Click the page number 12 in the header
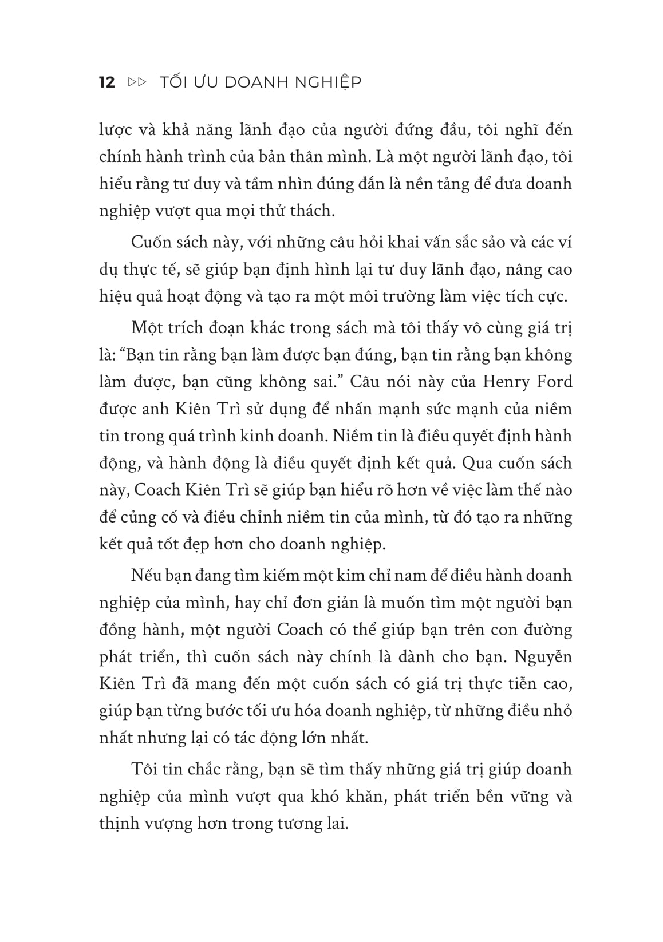click(107, 82)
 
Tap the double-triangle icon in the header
click(137, 82)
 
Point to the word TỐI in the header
click(173, 82)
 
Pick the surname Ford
click(555, 382)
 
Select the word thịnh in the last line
click(117, 824)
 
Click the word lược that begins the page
click(116, 130)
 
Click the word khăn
click(367, 797)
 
